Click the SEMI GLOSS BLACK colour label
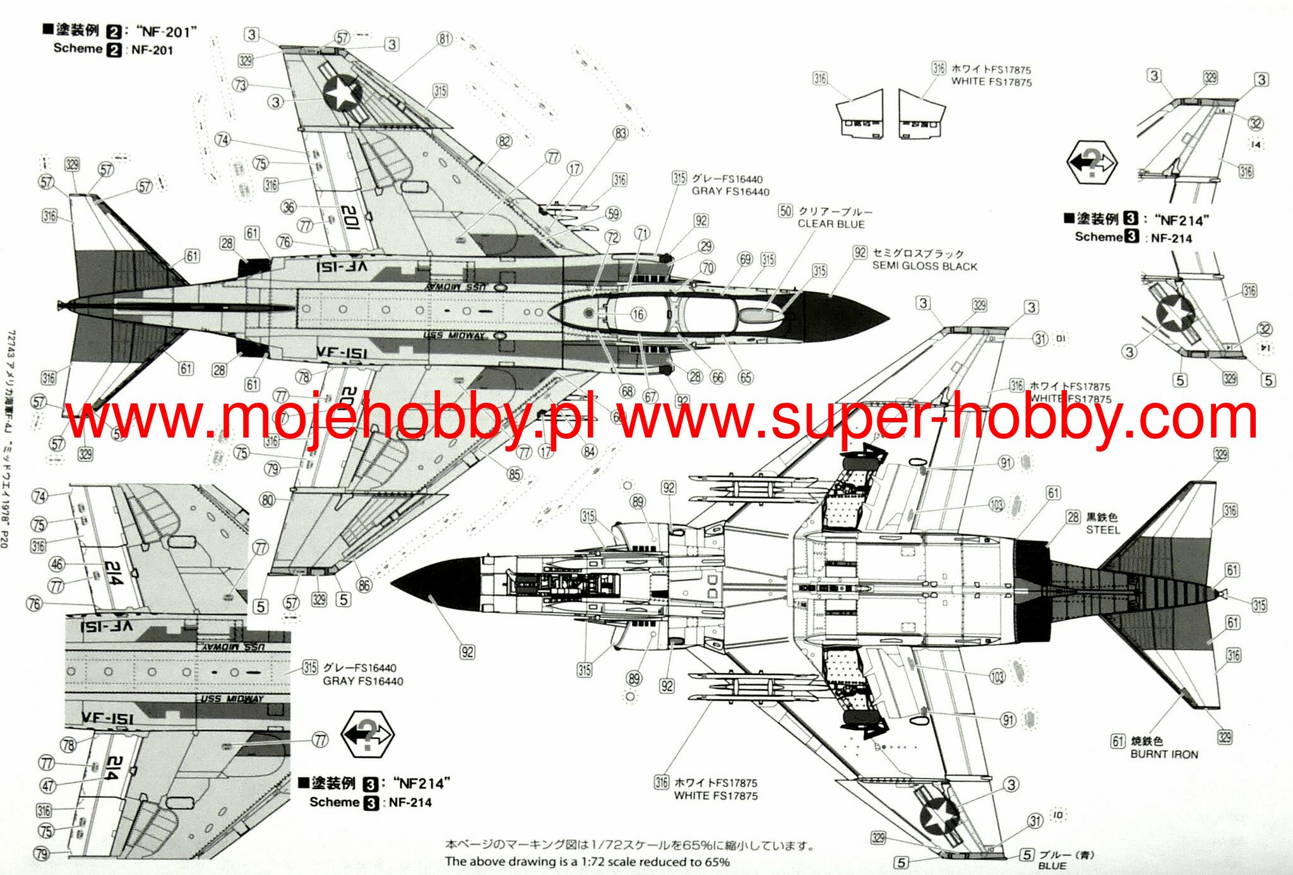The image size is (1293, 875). (x=924, y=266)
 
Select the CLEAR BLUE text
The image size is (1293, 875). (x=831, y=223)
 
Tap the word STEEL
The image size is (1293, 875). (x=1102, y=530)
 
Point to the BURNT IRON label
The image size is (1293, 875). (x=1164, y=754)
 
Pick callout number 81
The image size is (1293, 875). (x=445, y=39)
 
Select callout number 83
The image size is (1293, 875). (x=621, y=133)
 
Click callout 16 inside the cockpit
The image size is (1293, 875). (x=638, y=314)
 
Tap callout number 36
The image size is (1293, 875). (x=289, y=207)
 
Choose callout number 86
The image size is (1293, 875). (x=364, y=585)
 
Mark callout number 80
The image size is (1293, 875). (x=268, y=501)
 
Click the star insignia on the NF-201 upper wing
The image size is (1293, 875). (x=342, y=93)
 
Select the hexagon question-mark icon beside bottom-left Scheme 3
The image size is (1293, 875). (x=367, y=734)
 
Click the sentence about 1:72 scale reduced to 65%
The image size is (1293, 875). (x=587, y=862)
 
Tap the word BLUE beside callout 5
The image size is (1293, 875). (x=1052, y=866)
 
